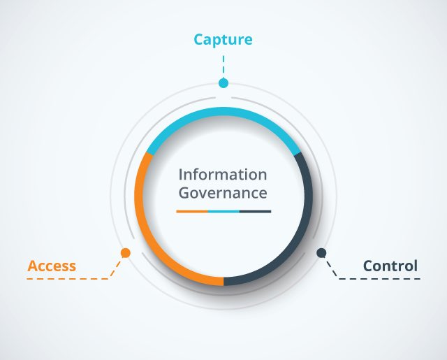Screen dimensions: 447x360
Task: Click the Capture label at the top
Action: [x=223, y=40]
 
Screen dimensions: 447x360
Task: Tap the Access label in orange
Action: [x=52, y=266]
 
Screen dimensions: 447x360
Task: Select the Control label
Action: [x=390, y=266]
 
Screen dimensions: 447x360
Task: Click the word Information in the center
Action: [x=223, y=174]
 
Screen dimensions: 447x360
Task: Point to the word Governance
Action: [x=223, y=192]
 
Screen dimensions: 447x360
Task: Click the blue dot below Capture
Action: [x=223, y=83]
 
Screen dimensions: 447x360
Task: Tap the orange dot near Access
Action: [x=126, y=252]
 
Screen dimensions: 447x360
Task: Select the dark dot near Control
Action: [x=321, y=252]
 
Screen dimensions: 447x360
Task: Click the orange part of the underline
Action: [x=192, y=210]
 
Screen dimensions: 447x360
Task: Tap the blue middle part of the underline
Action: [x=223, y=210]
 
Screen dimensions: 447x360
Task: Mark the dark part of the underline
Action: [x=255, y=210]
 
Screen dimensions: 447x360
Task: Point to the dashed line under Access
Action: [x=70, y=279]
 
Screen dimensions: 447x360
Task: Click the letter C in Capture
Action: [x=198, y=40]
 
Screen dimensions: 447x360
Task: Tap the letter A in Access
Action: [x=32, y=266]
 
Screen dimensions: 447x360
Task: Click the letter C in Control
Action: [x=367, y=266]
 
